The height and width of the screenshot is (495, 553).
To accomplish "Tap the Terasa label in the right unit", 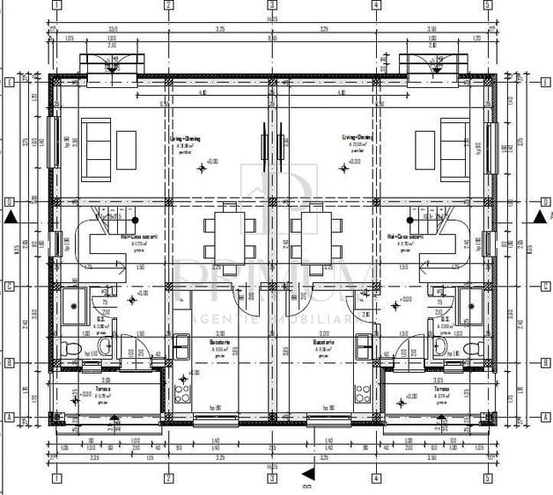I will tap(441, 388).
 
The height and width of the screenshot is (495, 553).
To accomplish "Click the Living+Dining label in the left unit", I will tap(185, 138).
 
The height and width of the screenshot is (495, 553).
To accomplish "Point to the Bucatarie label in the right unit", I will tap(325, 341).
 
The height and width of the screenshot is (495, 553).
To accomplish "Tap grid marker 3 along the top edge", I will tap(272, 5).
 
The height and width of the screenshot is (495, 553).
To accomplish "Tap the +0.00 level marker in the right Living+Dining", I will tap(352, 161).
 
